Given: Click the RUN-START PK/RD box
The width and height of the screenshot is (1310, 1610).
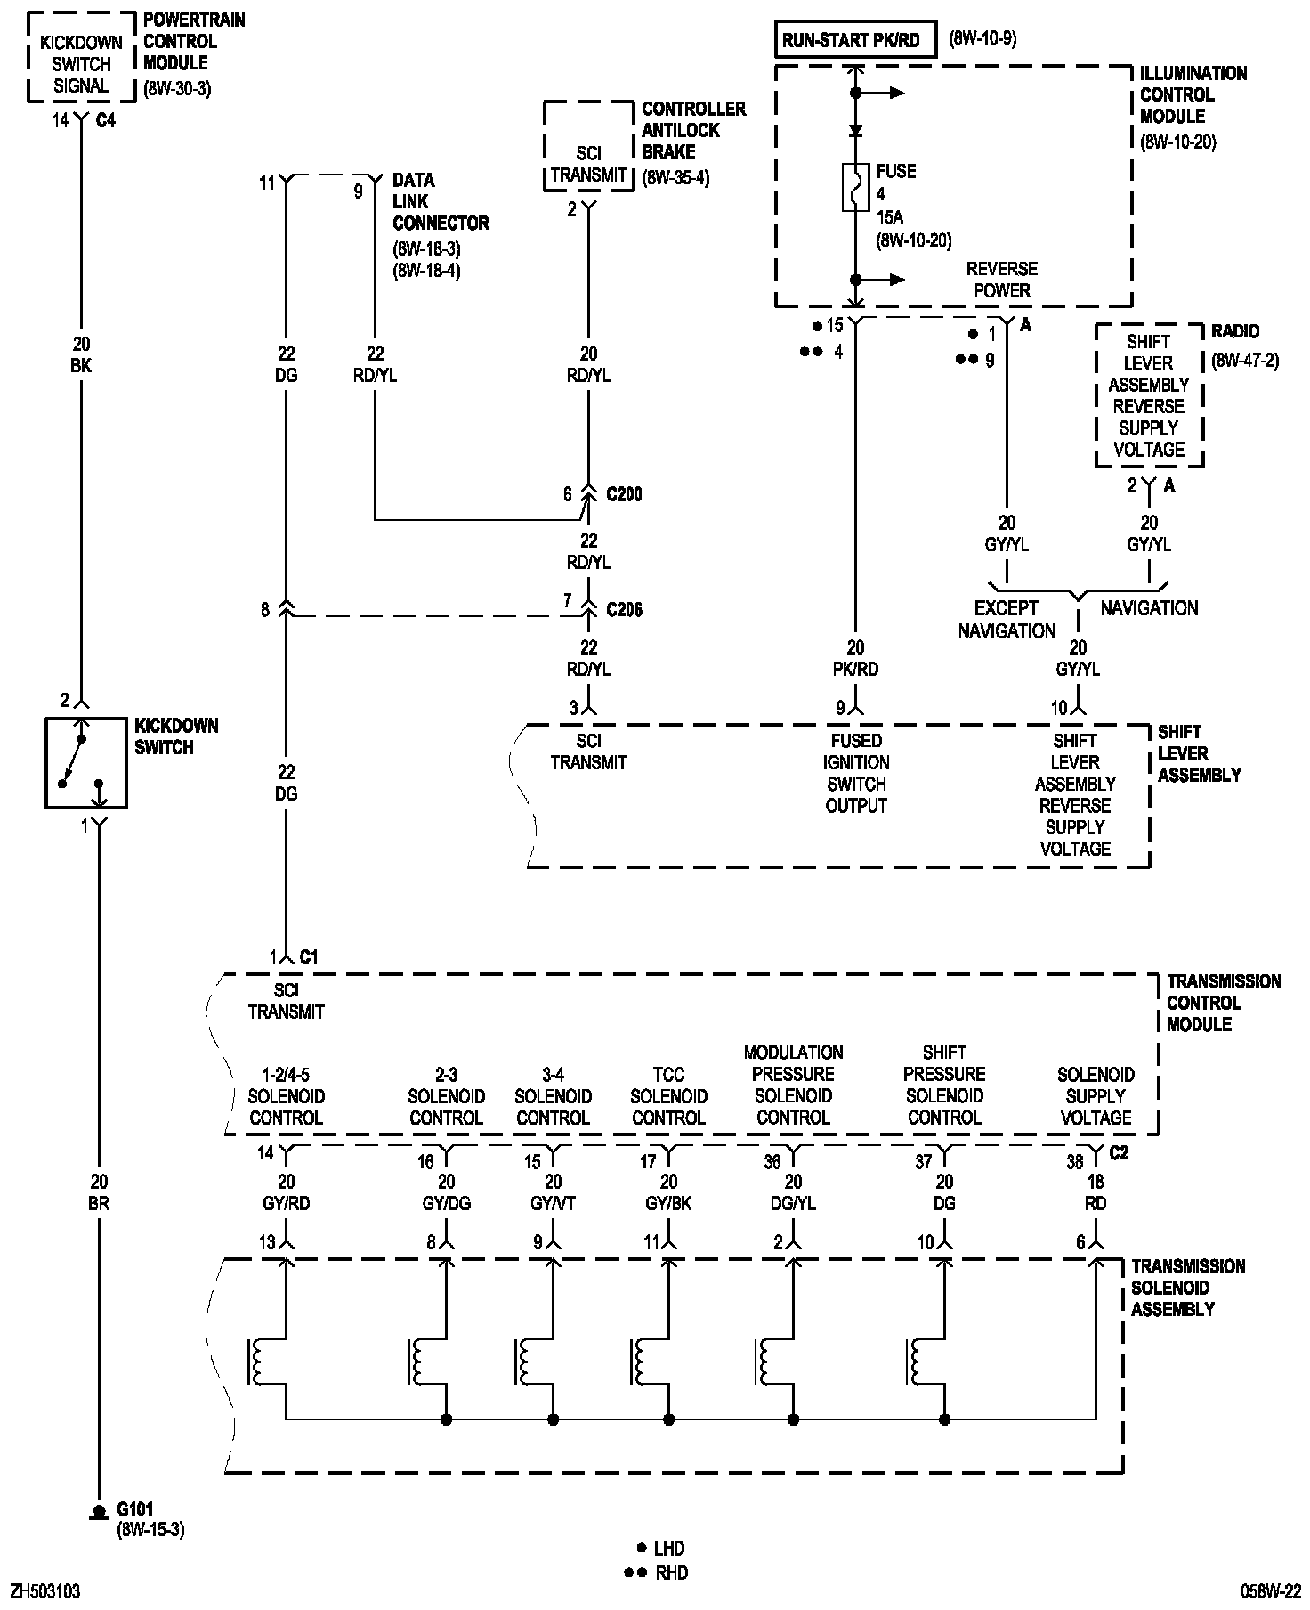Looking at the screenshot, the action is coord(855,40).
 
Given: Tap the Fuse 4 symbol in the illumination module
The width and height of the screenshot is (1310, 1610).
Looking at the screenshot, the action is coord(855,187).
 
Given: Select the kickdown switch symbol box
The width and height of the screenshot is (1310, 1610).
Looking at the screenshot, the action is coord(86,763).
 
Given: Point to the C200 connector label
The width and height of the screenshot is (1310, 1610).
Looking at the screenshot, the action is coord(624,494).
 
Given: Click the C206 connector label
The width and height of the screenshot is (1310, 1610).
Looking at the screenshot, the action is coord(624,610).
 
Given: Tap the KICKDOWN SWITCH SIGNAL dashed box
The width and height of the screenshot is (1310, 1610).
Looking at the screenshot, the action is coord(81,58).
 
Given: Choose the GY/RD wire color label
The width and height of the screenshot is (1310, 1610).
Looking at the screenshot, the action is coord(286,1203).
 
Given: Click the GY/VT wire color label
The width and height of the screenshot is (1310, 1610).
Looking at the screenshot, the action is coord(553,1203).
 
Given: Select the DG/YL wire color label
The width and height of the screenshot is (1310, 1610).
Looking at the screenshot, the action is coord(793,1203).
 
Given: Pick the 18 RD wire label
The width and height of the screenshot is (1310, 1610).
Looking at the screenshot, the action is coord(1096,1192).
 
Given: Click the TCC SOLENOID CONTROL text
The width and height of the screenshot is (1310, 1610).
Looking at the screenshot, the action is coord(668,1096).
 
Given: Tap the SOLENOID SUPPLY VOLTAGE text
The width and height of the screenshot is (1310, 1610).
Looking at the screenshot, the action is coord(1096,1096).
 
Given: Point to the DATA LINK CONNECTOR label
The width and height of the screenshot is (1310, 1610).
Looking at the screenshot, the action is coord(441,201).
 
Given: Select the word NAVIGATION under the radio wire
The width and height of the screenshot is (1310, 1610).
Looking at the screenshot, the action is coord(1149,608).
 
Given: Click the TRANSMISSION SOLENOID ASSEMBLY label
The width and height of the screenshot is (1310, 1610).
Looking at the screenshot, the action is coord(1188,1288).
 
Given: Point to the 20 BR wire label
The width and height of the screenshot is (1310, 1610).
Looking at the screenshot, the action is coord(99,1193).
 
